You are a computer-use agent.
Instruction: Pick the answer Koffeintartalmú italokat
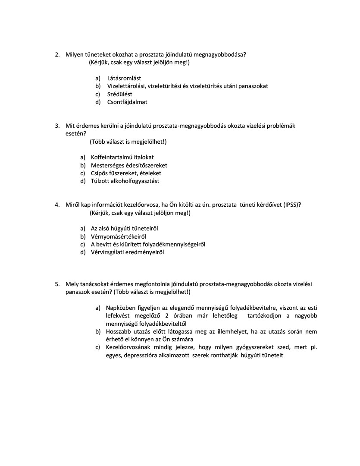122,157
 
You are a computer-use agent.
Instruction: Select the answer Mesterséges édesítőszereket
129,165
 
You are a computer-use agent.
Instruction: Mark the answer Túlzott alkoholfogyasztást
125,181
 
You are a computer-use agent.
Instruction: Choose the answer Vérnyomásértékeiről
119,236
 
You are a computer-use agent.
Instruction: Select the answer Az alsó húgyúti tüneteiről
127,228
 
